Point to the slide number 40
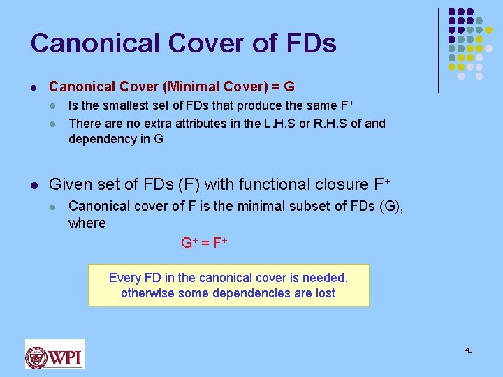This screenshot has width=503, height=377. (x=469, y=350)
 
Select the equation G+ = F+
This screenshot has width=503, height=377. (x=204, y=244)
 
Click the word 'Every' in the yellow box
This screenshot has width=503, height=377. (x=124, y=278)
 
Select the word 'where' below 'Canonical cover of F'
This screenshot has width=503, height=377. (x=87, y=223)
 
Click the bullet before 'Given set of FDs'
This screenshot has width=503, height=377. (x=34, y=185)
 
